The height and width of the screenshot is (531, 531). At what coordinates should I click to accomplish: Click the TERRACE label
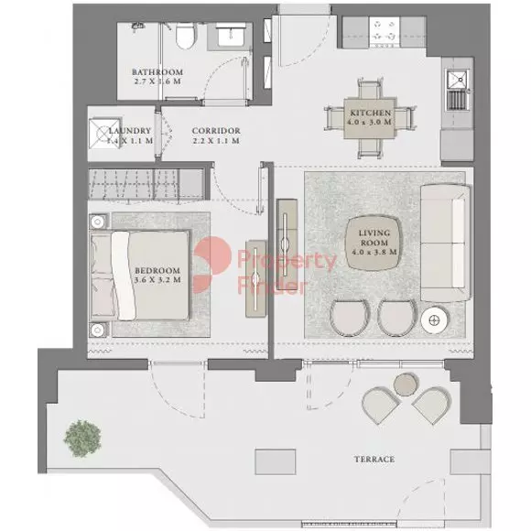[374, 460]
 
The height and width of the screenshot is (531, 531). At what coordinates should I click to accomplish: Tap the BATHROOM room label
[157, 72]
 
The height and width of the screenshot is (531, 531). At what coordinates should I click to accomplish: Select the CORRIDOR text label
[216, 131]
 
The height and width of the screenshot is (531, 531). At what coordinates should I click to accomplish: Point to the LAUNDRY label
[130, 131]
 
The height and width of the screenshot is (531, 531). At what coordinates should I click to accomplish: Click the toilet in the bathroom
[185, 35]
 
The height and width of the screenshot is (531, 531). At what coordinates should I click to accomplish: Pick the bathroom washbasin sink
[232, 37]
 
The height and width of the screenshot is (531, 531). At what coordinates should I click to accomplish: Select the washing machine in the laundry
[104, 133]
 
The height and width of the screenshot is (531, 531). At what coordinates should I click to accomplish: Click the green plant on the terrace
[82, 439]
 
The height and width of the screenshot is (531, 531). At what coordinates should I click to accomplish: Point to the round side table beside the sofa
[435, 320]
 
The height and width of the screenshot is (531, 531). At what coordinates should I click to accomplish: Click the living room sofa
[446, 243]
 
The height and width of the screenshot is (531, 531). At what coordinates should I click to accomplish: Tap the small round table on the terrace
[406, 385]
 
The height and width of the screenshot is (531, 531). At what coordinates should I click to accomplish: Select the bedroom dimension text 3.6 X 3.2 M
[157, 280]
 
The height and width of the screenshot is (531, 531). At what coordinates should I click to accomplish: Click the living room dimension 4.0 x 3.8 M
[374, 252]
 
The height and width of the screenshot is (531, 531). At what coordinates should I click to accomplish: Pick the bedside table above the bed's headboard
[98, 222]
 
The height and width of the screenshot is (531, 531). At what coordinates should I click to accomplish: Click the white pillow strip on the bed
[124, 276]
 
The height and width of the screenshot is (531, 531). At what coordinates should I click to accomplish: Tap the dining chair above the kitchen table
[370, 89]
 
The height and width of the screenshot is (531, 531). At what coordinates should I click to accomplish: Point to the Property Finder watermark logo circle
[211, 265]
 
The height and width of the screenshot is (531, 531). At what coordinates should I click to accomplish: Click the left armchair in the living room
[350, 318]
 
